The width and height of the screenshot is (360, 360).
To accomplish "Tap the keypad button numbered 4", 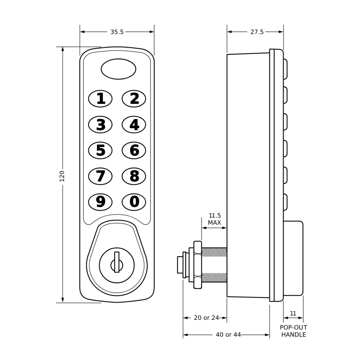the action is coord(134,124).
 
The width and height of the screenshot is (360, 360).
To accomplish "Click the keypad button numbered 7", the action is coord(100,176).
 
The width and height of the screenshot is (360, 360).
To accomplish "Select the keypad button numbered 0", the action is coord(134,202).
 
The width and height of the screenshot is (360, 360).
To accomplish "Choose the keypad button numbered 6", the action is coord(134,150).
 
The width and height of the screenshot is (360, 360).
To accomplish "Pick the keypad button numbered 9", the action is coord(100,202).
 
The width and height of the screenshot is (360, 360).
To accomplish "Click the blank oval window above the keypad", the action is coord(118,69).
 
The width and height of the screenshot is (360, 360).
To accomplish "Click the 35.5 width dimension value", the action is coord(117,32).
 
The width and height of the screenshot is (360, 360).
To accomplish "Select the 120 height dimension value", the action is coord(62,176).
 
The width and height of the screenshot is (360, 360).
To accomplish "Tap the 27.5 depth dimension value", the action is coord(257,32).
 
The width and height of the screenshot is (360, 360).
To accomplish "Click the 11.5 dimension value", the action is coord(215,216).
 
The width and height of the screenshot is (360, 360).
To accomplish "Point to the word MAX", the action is coord(214,223).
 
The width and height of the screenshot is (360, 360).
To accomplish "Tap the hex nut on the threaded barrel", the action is coord(198,265).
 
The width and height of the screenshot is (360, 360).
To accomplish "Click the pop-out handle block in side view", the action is coord(293,258).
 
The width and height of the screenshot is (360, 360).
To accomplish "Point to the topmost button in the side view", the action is coord(286,69).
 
